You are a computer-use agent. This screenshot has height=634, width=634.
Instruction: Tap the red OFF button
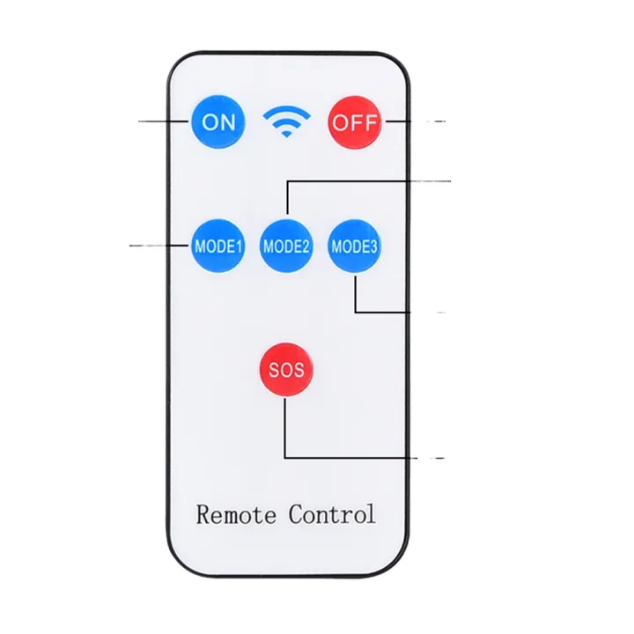(x=355, y=122)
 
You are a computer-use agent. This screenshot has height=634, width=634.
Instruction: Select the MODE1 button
(x=218, y=246)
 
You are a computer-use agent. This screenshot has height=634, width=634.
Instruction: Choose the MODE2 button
(x=286, y=246)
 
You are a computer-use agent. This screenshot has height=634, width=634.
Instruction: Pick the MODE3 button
(x=354, y=246)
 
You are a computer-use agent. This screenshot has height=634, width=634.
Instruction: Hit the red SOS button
(x=286, y=370)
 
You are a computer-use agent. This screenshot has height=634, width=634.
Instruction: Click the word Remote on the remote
(x=236, y=514)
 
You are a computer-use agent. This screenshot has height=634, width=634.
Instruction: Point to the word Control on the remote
(x=332, y=514)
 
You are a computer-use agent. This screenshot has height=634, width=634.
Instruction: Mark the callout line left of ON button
(x=164, y=121)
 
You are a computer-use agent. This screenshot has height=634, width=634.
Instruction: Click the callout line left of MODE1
(x=159, y=245)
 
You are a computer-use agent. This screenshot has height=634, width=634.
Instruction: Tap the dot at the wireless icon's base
(x=287, y=134)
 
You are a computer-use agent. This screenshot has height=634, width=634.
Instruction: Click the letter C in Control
(x=296, y=514)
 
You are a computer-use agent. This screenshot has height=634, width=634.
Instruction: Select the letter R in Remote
(x=204, y=514)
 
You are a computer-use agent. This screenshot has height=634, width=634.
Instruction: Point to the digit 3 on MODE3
(x=373, y=247)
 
